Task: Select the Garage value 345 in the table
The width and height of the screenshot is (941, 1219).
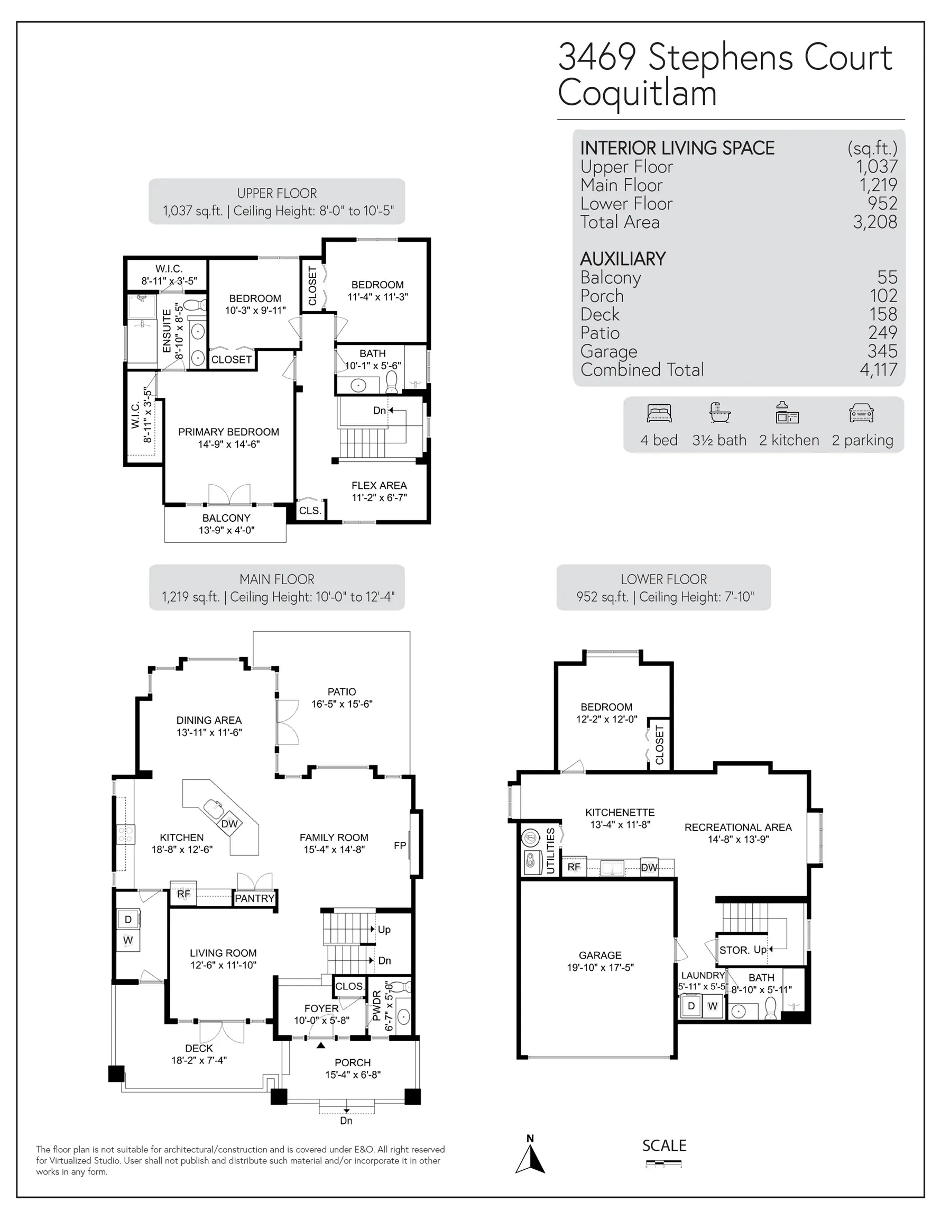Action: [882, 351]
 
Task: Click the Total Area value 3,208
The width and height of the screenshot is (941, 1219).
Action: [875, 222]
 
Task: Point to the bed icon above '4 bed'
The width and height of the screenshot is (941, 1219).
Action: [659, 414]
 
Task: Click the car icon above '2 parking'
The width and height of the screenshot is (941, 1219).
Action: [861, 414]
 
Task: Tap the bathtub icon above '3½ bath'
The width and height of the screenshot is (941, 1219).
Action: [719, 413]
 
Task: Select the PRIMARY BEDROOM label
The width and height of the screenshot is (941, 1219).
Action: [229, 432]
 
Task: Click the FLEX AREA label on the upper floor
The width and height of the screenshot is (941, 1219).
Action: [379, 486]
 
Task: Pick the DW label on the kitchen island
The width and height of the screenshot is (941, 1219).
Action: [229, 824]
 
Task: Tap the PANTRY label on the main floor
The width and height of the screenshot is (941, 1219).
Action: [255, 898]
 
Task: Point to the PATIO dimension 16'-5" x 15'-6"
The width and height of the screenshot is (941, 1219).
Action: [342, 704]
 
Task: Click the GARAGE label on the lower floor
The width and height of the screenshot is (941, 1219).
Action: [600, 956]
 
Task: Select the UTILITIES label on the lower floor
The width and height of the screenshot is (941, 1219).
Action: [550, 851]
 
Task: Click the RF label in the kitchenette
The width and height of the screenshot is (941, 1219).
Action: [574, 867]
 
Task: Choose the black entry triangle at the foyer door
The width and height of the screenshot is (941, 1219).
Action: [321, 1045]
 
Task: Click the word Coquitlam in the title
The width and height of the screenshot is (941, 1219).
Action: [638, 93]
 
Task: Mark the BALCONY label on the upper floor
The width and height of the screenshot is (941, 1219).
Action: [226, 518]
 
